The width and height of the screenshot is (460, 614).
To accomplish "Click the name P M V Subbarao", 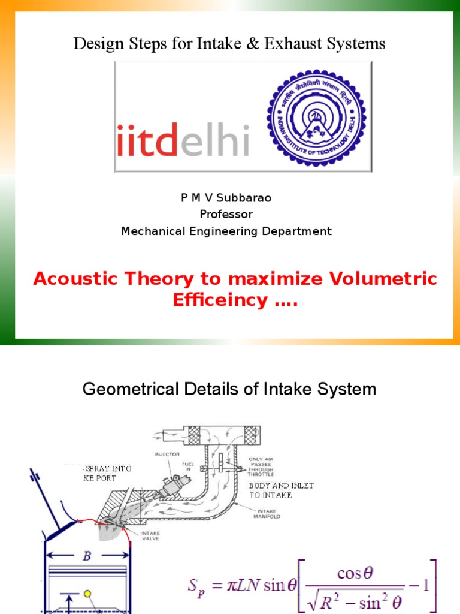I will coord(226,198).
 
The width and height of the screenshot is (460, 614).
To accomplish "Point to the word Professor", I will coord(226,214).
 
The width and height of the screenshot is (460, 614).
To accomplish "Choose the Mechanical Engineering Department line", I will coord(226,231).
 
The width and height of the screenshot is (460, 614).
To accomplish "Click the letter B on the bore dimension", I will coord(87,556).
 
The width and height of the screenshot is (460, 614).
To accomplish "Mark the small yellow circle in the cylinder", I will coord(87,594).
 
